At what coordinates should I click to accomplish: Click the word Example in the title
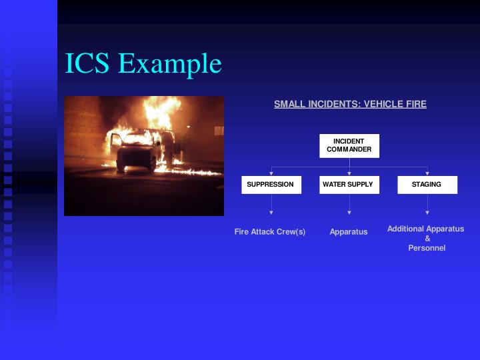click(x=169, y=65)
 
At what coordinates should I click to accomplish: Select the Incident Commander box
click(x=349, y=145)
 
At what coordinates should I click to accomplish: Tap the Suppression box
click(x=271, y=185)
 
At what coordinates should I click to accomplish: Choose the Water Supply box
click(x=349, y=185)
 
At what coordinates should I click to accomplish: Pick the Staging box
click(x=427, y=185)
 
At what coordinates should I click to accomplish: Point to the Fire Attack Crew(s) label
click(x=270, y=232)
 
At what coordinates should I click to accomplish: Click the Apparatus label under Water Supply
click(x=349, y=232)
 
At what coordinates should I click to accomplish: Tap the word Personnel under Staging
click(x=427, y=248)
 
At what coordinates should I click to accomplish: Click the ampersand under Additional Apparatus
click(x=427, y=239)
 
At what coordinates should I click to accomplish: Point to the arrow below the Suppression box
click(x=271, y=213)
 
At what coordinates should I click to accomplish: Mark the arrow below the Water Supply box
click(x=349, y=213)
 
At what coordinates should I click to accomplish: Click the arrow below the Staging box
click(x=427, y=213)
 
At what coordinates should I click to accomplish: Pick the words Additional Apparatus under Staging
click(x=425, y=229)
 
